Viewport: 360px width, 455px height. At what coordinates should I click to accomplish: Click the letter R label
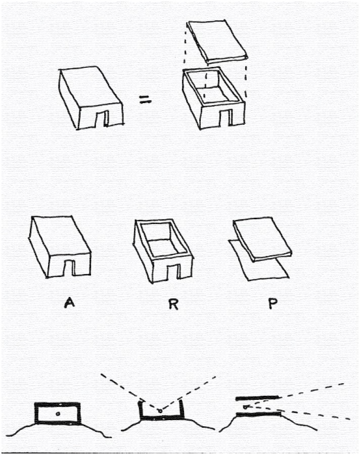pos(173,303)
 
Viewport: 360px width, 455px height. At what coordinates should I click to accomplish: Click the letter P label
pos(273,303)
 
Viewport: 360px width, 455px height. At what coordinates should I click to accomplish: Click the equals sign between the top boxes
pos(145,100)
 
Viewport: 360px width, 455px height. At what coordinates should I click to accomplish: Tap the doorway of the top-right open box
pos(226,119)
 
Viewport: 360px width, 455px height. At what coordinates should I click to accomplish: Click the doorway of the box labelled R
pos(173,272)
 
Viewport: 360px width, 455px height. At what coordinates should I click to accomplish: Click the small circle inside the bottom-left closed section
pos(58,414)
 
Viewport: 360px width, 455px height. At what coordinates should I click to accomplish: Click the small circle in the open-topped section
pos(159,411)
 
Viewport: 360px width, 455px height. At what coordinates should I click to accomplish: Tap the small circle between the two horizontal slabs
pos(245,407)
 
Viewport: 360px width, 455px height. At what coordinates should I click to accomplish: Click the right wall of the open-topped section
pos(182,409)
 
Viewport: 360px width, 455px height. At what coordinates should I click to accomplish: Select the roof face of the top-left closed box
pos(91,86)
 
